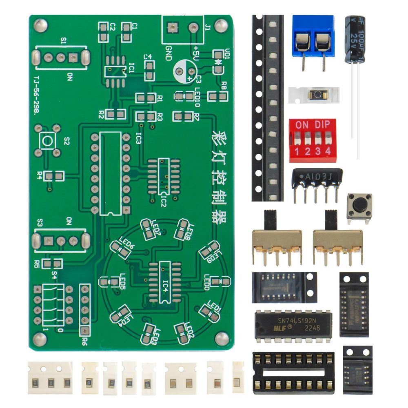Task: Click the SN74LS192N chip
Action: coord(293,326)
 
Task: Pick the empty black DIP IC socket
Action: coord(293,373)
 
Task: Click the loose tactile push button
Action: coord(359,206)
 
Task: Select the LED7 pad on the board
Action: coord(148,227)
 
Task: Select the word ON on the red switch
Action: coord(302,125)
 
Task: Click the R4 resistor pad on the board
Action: coord(54,176)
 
